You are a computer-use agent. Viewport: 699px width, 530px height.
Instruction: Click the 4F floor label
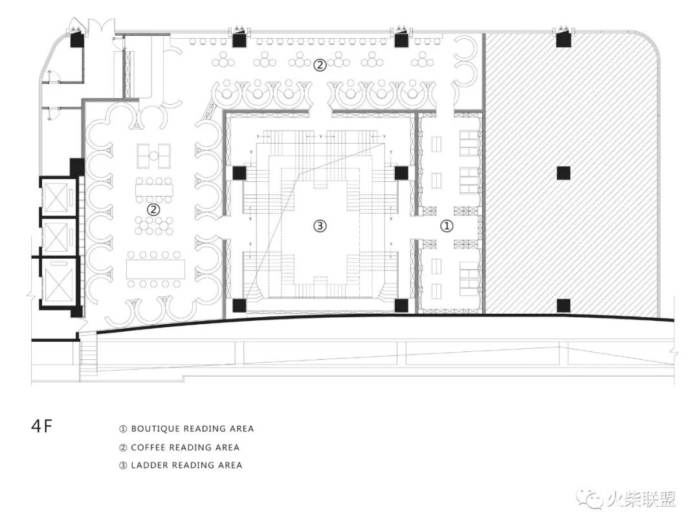pyautogui.click(x=41, y=426)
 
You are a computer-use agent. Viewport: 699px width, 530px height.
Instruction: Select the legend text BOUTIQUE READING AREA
pyautogui.click(x=192, y=429)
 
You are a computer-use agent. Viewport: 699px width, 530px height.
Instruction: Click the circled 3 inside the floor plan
pyautogui.click(x=320, y=226)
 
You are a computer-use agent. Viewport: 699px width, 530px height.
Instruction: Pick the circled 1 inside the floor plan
pyautogui.click(x=447, y=226)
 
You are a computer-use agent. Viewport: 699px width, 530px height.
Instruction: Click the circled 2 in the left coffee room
pyautogui.click(x=153, y=209)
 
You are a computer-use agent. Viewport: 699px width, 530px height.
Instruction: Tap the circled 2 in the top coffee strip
pyautogui.click(x=320, y=65)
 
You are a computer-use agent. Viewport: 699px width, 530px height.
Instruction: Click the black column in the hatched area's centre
pyautogui.click(x=564, y=173)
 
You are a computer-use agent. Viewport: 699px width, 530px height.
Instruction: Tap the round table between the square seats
pyautogui.click(x=154, y=155)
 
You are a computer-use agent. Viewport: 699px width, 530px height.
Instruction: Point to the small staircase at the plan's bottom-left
pyautogui.click(x=88, y=357)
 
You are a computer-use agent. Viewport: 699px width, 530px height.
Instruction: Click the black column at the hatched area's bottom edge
pyautogui.click(x=564, y=305)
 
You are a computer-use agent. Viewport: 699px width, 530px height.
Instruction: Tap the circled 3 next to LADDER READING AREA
pyautogui.click(x=123, y=465)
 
